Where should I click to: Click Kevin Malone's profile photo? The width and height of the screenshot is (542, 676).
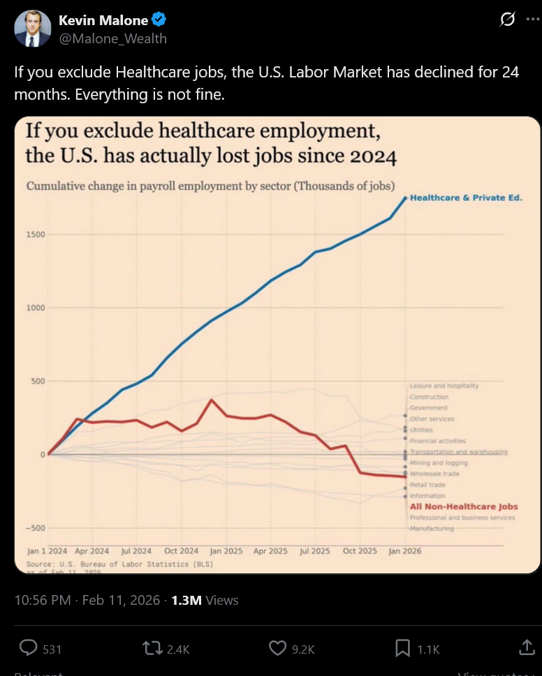tap(32, 29)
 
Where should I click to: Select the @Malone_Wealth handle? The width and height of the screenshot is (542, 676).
tap(112, 38)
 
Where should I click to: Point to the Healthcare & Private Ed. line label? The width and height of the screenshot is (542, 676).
tap(466, 198)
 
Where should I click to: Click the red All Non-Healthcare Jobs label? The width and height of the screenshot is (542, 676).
tap(464, 507)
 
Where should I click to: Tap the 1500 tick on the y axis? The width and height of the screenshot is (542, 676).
tap(36, 234)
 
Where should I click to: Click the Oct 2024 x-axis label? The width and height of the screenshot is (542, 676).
tap(182, 551)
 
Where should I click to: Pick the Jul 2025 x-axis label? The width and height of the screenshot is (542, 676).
tap(315, 551)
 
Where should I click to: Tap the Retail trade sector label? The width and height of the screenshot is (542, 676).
tap(427, 485)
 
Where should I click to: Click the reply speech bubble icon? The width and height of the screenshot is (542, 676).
tap(28, 648)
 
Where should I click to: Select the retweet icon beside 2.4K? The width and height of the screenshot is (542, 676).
tap(152, 648)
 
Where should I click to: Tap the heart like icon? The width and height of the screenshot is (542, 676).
tap(278, 648)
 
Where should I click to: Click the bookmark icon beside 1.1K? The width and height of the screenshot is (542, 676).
tap(402, 648)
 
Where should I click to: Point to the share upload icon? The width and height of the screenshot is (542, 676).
tap(527, 648)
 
